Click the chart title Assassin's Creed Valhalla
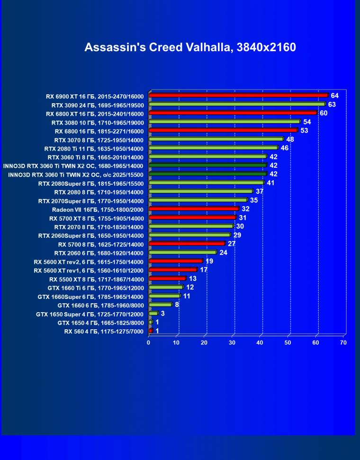190,47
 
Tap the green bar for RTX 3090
237,104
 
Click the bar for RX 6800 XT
233,113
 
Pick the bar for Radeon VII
193,208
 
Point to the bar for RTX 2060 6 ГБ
182,252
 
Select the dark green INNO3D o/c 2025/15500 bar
208,174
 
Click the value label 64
335,96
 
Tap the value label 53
304,130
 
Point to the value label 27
232,244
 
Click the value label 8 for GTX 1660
177,305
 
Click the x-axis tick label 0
149,343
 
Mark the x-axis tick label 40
260,343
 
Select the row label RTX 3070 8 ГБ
99,140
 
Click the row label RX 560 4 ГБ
104,331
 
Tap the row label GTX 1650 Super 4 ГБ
90,314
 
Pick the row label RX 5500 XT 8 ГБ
96,279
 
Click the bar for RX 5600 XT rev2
176,261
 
